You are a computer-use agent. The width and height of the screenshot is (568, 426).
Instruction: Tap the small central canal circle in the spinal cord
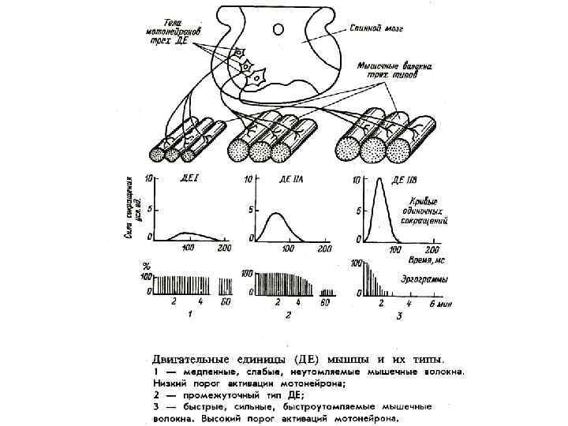point(277,29)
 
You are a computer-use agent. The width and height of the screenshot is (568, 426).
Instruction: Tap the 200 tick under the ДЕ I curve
point(224,249)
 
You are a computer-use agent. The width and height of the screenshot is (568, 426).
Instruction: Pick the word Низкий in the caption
point(170,384)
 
